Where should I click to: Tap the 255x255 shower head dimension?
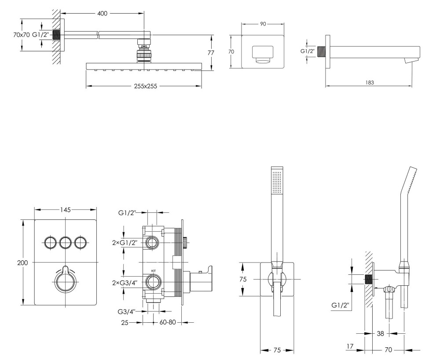click(144, 87)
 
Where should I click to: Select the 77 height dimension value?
click(211, 53)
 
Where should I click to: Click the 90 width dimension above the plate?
click(263, 24)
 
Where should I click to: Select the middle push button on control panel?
click(66, 242)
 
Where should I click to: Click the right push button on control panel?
click(81, 242)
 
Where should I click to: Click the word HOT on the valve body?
click(154, 271)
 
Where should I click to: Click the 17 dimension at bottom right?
click(350, 346)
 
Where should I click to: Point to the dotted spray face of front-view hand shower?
click(276, 182)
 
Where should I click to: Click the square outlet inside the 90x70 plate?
click(263, 55)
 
